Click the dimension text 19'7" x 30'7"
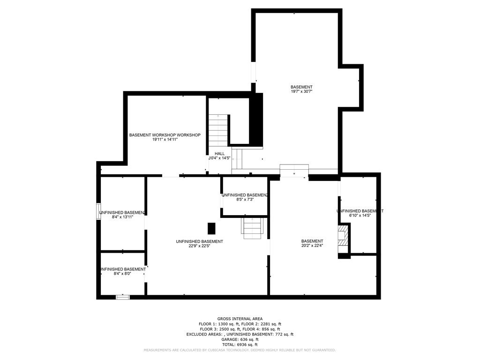click(x=301, y=92)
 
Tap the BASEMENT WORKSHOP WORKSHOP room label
click(x=165, y=135)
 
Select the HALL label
click(x=220, y=153)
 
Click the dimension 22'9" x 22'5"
click(x=199, y=246)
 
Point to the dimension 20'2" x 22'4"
click(x=312, y=246)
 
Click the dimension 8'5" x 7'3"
click(x=245, y=200)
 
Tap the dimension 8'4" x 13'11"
click(x=122, y=217)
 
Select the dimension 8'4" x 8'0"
click(x=122, y=274)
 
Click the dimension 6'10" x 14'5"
click(x=360, y=216)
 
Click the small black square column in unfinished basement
click(x=211, y=228)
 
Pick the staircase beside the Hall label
click(x=218, y=130)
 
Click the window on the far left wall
click(x=98, y=211)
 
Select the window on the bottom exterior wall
click(x=122, y=297)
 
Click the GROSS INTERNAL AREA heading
click(x=240, y=319)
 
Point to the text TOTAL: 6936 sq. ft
click(x=240, y=344)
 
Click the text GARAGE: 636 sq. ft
click(x=240, y=339)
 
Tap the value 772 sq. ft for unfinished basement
click(x=283, y=334)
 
